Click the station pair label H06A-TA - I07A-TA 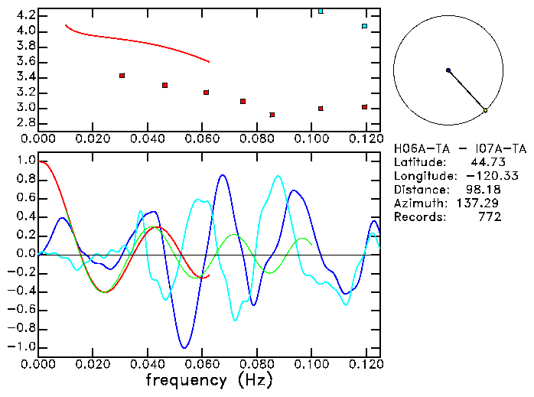pos(460,148)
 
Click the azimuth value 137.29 pos(480,203)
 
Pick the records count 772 pos(489,217)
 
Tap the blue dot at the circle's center pos(448,70)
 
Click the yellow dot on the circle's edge pos(485,111)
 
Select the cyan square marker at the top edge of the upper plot pos(321,11)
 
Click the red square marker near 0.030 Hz pos(122,76)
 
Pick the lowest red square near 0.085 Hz pos(272,115)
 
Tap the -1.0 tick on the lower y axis pos(23,347)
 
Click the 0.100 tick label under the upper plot pos(311,138)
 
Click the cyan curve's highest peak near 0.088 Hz pos(278,176)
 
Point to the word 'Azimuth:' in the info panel pos(416,203)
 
